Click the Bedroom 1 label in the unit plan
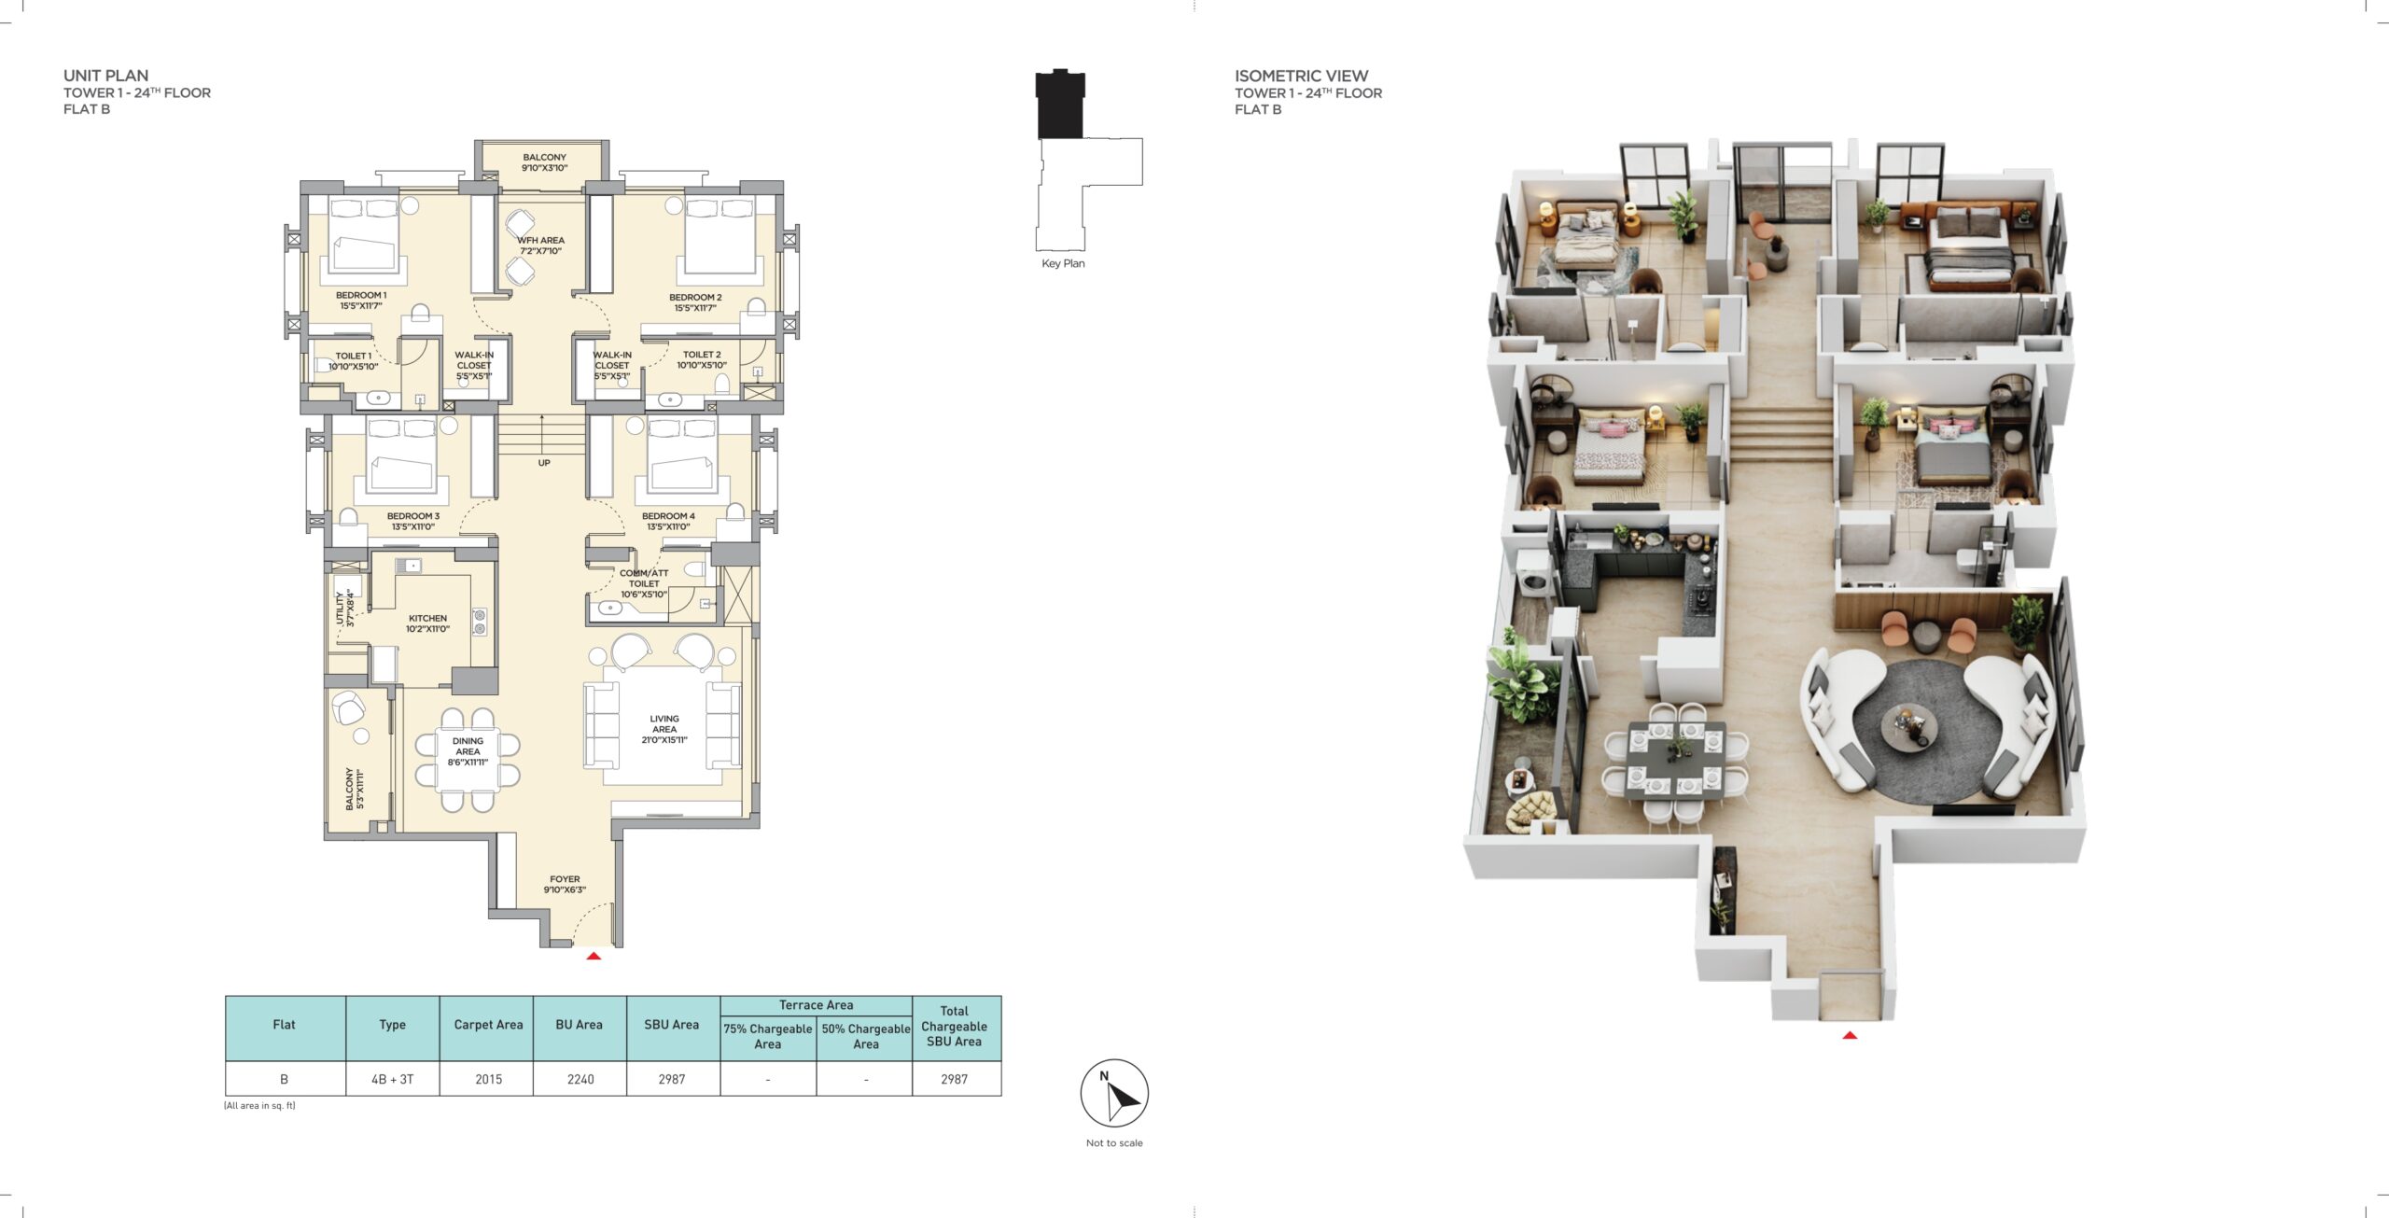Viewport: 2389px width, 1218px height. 361,301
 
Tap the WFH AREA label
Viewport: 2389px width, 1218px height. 540,245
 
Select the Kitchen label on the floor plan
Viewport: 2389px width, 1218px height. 427,623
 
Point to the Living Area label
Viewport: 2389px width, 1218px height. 664,729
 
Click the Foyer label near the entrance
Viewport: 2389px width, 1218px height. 565,884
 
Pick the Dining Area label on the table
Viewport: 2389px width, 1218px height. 468,751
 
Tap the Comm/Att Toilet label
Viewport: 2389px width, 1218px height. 644,583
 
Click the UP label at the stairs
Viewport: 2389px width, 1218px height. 544,463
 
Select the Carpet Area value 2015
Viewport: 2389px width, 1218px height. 488,1079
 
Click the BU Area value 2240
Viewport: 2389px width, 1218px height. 580,1079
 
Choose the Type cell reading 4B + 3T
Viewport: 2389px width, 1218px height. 392,1079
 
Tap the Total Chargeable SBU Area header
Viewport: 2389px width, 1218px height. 954,1026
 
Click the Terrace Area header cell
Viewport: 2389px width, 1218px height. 816,1005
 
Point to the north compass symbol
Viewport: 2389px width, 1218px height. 1114,1093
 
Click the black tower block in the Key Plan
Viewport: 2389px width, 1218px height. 1060,105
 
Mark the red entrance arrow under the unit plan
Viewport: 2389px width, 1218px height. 594,956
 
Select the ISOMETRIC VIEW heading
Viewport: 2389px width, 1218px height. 1301,76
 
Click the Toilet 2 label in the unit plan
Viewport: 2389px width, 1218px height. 702,359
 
